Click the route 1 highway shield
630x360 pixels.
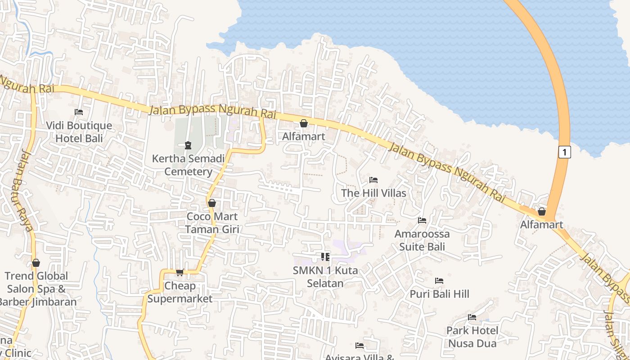564,152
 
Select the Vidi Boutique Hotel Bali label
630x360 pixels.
79,132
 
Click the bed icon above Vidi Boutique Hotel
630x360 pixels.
79,112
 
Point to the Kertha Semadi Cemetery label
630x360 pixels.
188,165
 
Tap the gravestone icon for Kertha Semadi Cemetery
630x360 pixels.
188,145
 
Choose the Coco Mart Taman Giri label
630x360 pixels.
212,223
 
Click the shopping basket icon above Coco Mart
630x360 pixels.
211,203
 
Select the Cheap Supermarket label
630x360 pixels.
180,292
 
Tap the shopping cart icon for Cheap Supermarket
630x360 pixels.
180,272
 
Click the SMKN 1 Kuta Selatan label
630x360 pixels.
325,277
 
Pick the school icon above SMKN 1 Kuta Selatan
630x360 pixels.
325,257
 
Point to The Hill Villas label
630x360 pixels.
373,193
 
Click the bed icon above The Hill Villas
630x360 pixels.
373,180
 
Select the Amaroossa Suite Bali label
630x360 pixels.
422,240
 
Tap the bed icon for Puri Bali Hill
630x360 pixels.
439,281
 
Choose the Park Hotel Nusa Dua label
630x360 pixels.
472,337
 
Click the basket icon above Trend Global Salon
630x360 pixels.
36,263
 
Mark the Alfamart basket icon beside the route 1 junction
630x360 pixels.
542,211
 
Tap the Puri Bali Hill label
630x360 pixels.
439,294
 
